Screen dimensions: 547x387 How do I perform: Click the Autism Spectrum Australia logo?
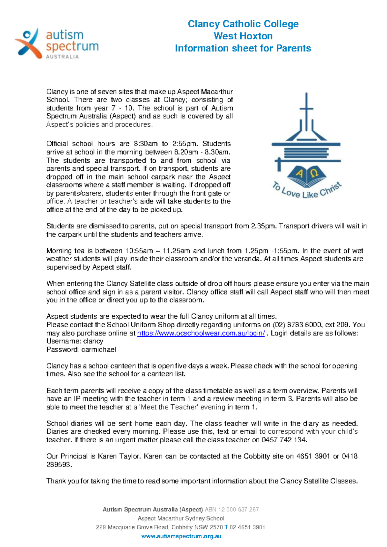57,43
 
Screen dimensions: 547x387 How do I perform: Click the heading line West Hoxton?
243,36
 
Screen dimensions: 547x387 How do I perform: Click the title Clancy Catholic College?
243,24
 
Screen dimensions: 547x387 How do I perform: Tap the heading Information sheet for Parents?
243,48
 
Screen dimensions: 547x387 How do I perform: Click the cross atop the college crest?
306,106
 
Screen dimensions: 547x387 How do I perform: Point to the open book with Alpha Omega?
306,176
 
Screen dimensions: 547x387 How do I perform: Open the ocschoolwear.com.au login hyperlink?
201,333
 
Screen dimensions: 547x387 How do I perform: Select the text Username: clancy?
75,341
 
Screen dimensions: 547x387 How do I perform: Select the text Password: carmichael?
81,350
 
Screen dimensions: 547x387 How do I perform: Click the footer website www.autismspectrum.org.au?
181,536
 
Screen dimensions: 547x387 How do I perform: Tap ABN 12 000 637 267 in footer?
232,509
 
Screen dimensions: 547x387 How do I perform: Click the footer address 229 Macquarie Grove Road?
132,527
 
